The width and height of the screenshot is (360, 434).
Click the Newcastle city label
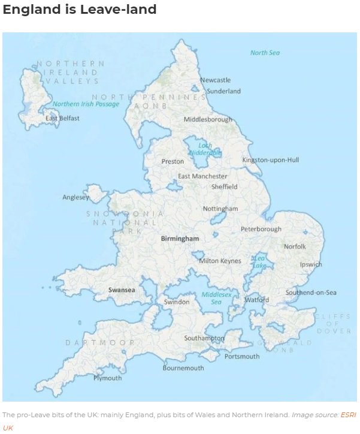click(215, 80)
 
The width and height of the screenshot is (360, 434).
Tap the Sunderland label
click(223, 91)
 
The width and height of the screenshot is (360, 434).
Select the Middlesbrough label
click(208, 119)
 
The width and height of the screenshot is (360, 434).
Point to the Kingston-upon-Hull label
click(270, 160)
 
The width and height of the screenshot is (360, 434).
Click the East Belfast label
click(62, 118)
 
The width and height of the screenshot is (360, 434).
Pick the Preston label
click(173, 161)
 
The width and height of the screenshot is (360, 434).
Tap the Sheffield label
click(225, 186)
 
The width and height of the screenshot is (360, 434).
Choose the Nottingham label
click(220, 209)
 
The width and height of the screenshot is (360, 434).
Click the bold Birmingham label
click(180, 239)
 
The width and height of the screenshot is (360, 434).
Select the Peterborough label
click(261, 229)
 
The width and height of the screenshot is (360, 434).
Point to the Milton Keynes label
click(220, 261)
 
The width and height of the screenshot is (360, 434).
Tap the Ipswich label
click(311, 264)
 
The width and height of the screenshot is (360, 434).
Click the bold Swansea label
click(122, 290)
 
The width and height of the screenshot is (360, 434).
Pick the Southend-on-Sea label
click(311, 293)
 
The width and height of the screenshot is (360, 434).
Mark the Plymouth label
click(107, 378)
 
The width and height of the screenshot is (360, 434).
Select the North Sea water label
click(265, 53)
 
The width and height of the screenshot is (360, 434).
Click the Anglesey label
click(75, 197)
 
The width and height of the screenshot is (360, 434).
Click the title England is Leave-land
click(80, 10)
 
